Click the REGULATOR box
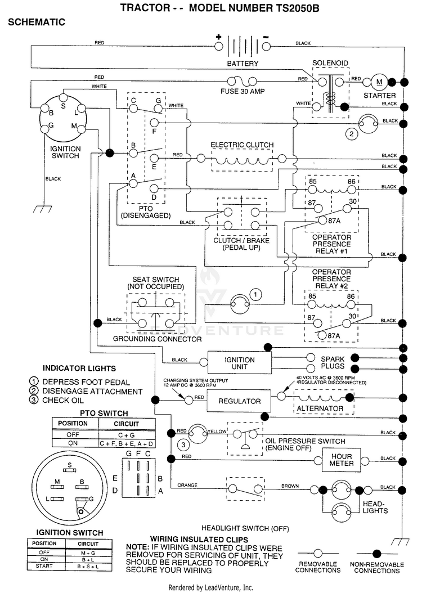coord(239,401)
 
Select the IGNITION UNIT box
coord(239,363)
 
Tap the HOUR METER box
coord(341,460)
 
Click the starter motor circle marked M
coord(379,82)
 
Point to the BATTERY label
coord(243,64)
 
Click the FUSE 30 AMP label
coord(243,91)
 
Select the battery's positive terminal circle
coord(218,46)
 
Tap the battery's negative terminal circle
coord(267,46)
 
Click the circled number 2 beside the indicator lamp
coord(352,133)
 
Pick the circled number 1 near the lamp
coord(255,295)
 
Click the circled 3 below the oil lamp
coord(183,444)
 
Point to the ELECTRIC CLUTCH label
coord(242,145)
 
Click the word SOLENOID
coord(330,63)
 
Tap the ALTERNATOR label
coord(320,408)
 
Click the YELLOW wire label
coord(217,431)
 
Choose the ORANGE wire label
coord(187,485)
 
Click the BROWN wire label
coord(290,486)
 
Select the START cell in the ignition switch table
coord(44,566)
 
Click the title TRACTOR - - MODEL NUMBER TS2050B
coord(219,8)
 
